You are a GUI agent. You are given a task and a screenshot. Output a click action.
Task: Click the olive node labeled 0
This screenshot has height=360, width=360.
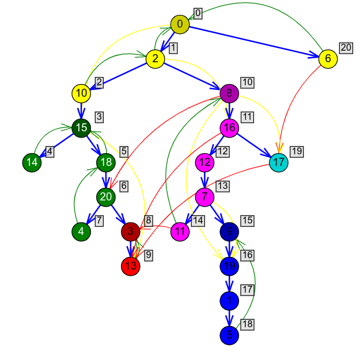[x=180, y=24]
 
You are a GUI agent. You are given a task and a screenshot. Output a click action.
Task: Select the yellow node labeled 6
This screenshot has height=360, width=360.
[x=328, y=59]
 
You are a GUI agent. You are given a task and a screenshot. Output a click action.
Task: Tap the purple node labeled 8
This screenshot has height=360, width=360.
[x=229, y=93]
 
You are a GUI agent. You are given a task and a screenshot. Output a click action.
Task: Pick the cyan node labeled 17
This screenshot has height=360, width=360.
[x=278, y=162]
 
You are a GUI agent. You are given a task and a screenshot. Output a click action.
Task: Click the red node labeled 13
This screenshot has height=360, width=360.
[x=131, y=266]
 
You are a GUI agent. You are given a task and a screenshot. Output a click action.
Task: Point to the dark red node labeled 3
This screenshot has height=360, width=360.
[x=131, y=232]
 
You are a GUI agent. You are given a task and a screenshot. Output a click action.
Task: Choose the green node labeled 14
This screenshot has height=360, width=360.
[x=32, y=162]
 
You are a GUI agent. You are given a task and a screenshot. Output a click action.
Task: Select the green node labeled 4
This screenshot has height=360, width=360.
[x=81, y=232]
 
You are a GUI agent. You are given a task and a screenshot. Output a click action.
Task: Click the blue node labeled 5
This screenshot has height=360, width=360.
[x=229, y=335]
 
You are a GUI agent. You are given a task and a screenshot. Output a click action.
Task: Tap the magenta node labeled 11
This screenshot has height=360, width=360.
[x=180, y=232]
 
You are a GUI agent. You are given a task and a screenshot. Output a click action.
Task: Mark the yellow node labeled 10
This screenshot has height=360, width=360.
[x=81, y=93]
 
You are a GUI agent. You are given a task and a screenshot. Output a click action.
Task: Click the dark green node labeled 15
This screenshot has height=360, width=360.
[x=81, y=128]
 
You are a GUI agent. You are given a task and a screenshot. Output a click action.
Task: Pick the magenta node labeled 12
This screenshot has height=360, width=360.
[x=204, y=162]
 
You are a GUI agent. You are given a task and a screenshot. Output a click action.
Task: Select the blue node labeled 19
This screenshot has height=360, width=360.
[x=229, y=266]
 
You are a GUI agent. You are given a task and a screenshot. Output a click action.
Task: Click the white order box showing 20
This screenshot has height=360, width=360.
[x=346, y=48]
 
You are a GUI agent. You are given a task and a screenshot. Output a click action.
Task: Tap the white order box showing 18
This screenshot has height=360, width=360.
[x=247, y=324]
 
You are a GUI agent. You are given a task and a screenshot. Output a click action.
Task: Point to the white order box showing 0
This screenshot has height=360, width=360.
[x=198, y=13]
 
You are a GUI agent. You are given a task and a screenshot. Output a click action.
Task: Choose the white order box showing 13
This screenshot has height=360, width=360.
[x=222, y=186]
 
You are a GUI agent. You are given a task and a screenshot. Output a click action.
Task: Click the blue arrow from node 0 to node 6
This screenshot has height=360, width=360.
[x=253, y=41]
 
